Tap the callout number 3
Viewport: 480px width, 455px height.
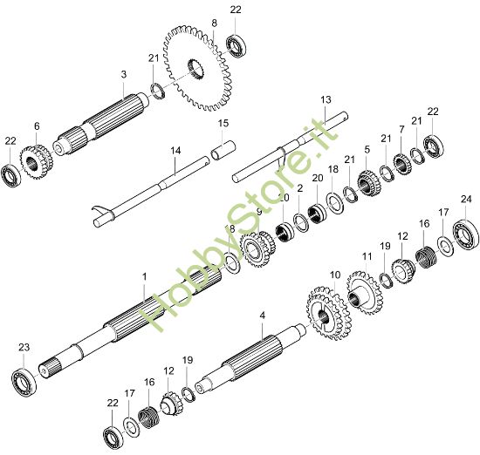124,74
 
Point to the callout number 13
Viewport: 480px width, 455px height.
326,99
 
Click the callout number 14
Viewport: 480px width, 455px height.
175,151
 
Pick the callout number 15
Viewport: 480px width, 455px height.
223,123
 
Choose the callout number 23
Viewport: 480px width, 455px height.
24,348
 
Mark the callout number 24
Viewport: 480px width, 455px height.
465,199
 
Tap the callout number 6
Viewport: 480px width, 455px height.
37,126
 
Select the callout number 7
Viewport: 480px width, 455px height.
401,130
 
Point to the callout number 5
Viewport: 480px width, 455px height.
367,149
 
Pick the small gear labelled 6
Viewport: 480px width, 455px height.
35,160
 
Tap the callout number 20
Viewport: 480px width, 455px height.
318,178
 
